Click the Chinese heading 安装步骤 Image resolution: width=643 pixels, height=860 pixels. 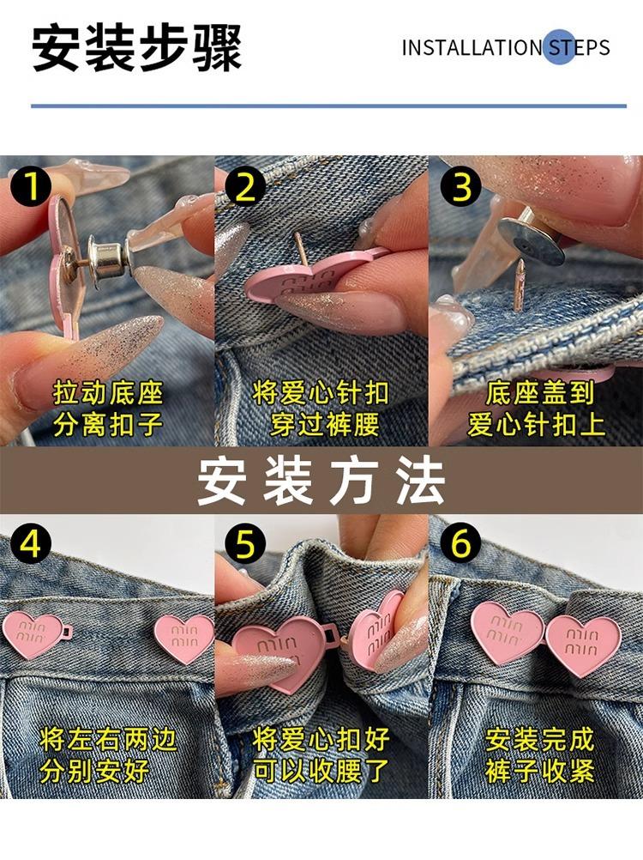coord(137,48)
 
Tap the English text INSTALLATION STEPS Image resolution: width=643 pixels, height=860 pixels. coord(506,47)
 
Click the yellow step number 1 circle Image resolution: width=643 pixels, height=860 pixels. coord(31,186)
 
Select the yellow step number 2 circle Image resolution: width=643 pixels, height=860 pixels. coord(245,186)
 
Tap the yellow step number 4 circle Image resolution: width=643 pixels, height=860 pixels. coord(31,545)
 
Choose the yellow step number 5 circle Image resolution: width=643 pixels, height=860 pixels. coord(245,545)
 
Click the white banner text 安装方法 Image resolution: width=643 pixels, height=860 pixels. coord(321,481)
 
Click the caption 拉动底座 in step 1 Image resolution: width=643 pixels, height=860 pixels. coord(108,394)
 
